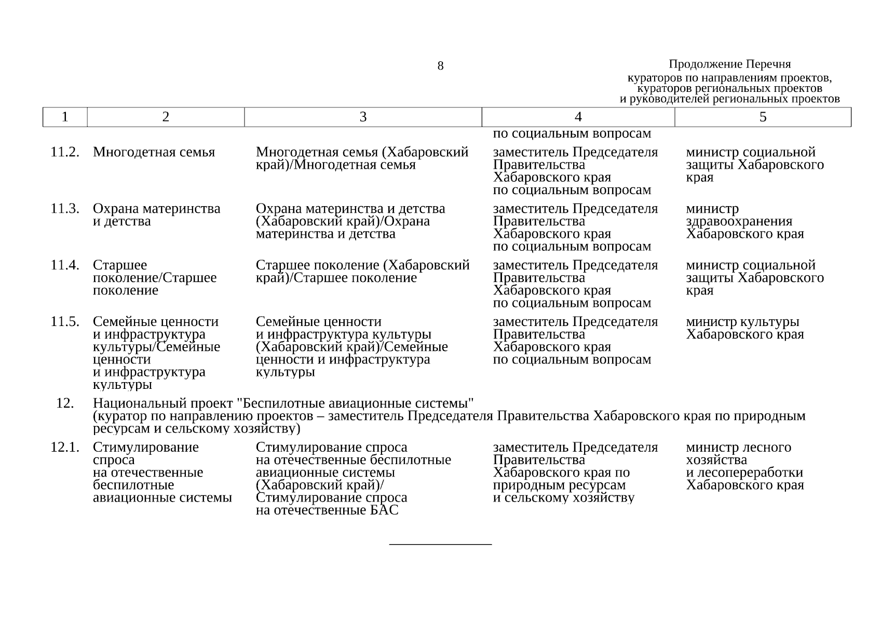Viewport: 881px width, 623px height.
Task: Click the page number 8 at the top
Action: click(440, 66)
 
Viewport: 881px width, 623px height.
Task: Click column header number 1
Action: click(65, 117)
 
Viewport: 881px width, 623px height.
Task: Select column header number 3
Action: click(363, 117)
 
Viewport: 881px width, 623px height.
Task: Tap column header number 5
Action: click(763, 117)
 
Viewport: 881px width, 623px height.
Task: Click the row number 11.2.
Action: click(65, 152)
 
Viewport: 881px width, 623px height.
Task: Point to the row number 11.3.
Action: click(65, 209)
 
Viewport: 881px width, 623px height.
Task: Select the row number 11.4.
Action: click(65, 265)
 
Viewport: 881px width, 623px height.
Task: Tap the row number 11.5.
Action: click(65, 322)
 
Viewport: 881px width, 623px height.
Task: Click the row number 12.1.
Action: click(65, 448)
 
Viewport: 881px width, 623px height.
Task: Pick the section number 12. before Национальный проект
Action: click(65, 403)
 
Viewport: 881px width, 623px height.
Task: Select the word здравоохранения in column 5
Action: click(739, 222)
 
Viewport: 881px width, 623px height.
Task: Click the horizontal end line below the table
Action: click(440, 544)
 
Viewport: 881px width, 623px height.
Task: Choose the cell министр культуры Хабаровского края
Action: click(744, 328)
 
